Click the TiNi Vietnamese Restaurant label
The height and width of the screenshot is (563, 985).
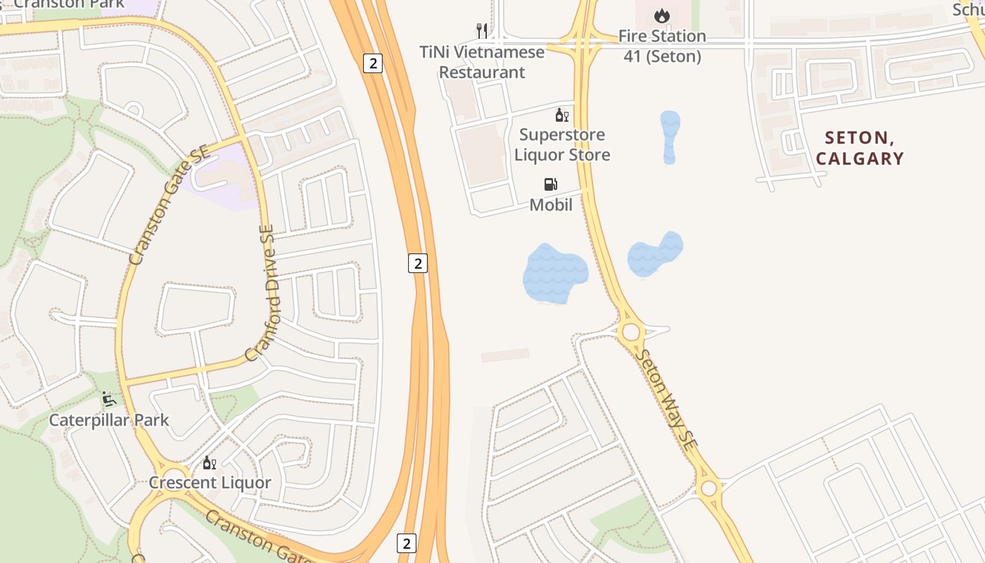(482, 62)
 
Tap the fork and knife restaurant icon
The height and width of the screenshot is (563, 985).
(482, 30)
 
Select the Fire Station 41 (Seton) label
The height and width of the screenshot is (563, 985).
(662, 46)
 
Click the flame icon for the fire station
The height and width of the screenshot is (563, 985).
(661, 15)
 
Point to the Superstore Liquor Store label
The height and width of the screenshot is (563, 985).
(562, 144)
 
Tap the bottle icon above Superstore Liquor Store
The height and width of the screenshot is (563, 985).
(562, 115)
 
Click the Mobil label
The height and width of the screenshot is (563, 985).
(551, 205)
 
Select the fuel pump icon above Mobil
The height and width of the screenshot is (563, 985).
(551, 184)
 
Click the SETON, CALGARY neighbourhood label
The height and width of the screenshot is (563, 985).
(860, 148)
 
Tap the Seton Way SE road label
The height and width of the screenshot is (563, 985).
(666, 400)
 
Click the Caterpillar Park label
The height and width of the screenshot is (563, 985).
(109, 420)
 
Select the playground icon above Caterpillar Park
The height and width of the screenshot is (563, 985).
(109, 400)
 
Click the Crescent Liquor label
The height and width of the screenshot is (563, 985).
(210, 483)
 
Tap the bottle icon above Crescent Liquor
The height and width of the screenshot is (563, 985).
(209, 462)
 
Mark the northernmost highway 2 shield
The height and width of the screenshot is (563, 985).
(373, 63)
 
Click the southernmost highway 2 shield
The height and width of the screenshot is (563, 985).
(406, 543)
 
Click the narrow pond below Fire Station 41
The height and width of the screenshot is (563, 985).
(670, 137)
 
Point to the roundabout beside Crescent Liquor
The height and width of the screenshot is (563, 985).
(174, 473)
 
